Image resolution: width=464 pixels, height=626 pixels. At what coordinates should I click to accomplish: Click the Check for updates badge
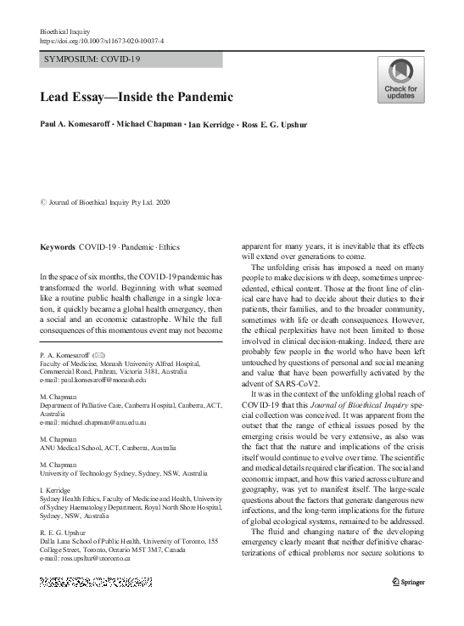401,80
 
